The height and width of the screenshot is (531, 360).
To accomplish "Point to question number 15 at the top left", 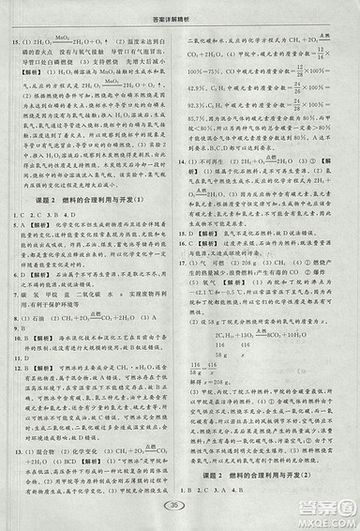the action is click(13, 42).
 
